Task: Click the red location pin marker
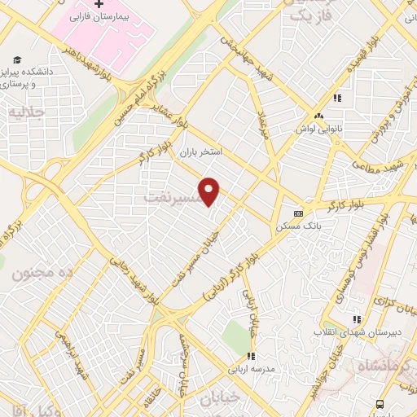[210, 191]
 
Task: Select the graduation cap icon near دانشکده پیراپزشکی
[17, 59]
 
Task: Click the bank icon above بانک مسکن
[298, 213]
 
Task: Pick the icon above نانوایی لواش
[336, 99]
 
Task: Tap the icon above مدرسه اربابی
[252, 356]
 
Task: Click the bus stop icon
[379, 405]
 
